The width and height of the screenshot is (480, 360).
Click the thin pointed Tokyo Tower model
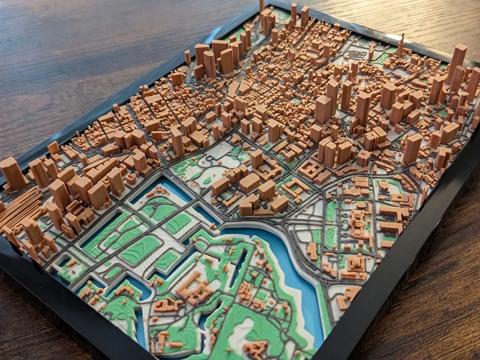pos(400,45)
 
